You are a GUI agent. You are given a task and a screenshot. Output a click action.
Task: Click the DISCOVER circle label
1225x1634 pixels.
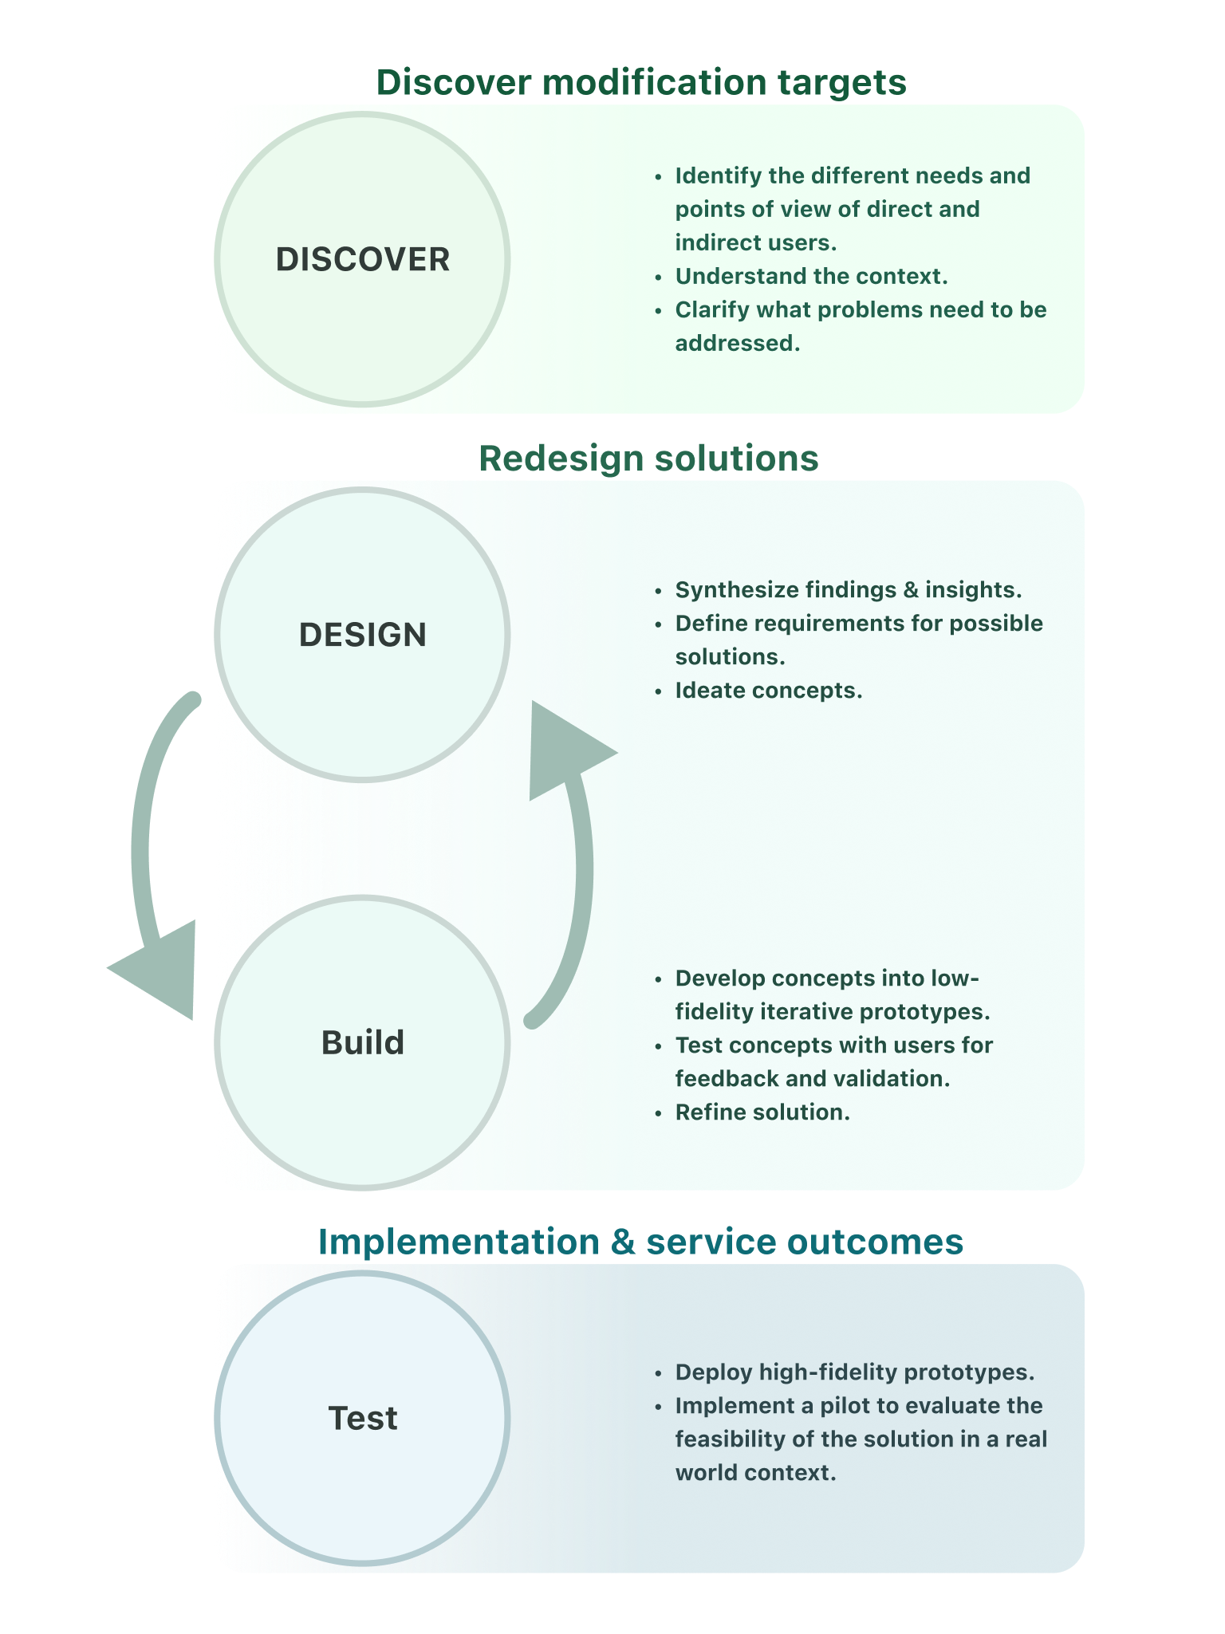click(363, 260)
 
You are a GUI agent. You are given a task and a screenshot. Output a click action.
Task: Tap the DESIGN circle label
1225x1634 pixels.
click(363, 635)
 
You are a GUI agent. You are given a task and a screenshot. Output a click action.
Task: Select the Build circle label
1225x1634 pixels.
click(363, 1043)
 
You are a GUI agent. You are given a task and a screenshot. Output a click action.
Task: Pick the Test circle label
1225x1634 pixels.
click(363, 1419)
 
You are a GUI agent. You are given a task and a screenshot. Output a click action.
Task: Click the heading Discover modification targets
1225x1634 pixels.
click(641, 82)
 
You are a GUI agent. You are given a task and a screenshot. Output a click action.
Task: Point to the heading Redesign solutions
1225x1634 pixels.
click(648, 459)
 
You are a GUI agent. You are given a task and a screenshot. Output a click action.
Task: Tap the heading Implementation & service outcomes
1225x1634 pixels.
click(640, 1242)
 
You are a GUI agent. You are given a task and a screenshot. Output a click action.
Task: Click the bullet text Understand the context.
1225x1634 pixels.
click(811, 277)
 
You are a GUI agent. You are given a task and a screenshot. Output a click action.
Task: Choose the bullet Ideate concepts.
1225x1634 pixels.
click(769, 691)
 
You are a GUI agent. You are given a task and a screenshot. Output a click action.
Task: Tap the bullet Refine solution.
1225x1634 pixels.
click(762, 1112)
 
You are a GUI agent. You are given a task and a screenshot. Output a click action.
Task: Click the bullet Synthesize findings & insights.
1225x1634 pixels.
click(849, 590)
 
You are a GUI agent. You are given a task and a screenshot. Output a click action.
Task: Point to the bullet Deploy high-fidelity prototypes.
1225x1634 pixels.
click(854, 1372)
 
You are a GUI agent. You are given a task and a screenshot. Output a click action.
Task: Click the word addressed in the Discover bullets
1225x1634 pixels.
click(737, 344)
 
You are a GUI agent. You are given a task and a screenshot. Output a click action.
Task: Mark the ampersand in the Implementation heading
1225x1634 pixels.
click(623, 1242)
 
